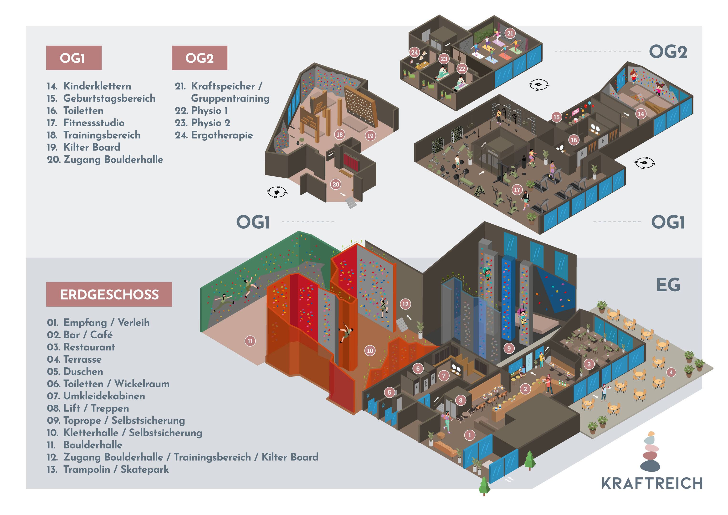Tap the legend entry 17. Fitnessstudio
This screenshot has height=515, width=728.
(86, 123)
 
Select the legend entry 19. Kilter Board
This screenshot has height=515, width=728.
(84, 147)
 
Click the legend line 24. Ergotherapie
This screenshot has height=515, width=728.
(214, 135)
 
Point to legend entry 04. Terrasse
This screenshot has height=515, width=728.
(74, 359)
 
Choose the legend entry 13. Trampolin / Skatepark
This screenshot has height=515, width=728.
(108, 469)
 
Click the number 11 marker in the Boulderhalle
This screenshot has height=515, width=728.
(250, 341)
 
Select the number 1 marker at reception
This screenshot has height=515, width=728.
(470, 435)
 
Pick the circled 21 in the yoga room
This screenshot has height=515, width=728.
(510, 33)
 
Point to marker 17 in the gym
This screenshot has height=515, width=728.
(517, 190)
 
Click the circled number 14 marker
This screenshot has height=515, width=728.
(641, 114)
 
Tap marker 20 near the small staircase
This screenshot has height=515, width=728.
(336, 184)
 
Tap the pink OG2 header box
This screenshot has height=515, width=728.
(200, 58)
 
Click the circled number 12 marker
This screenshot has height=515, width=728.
(405, 304)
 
